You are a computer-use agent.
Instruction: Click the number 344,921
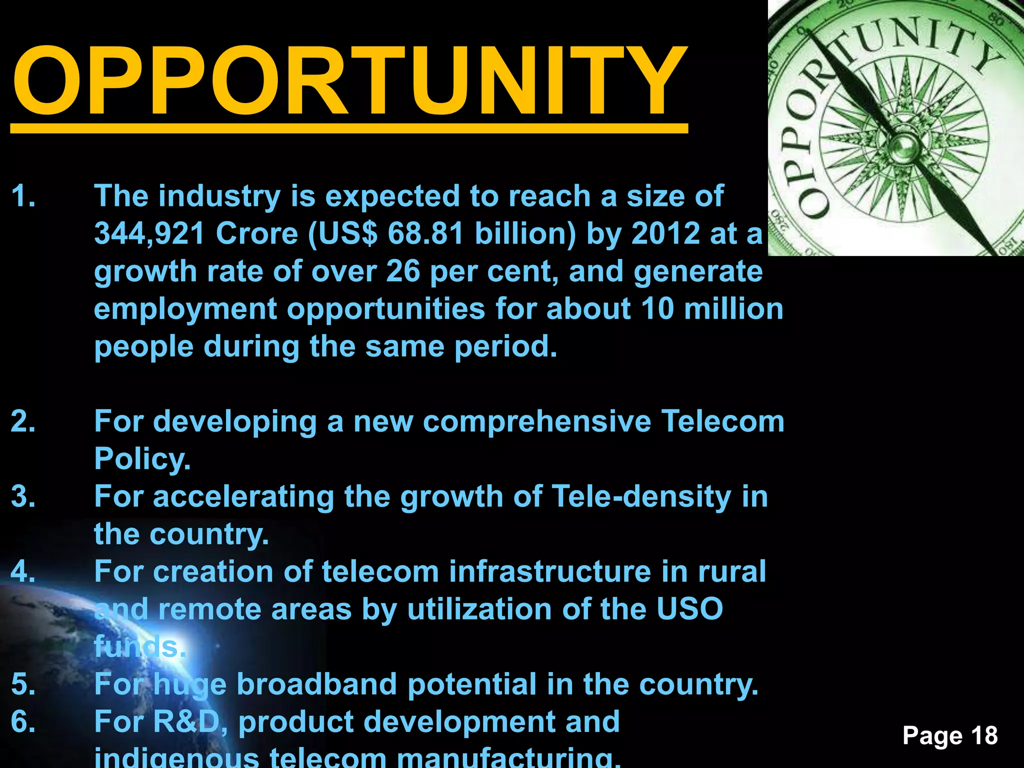[149, 233]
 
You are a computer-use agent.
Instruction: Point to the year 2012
[665, 233]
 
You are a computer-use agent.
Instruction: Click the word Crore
[257, 233]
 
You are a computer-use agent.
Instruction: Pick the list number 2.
[23, 421]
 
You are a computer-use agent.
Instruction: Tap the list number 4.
[23, 571]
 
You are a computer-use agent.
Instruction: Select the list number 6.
[23, 722]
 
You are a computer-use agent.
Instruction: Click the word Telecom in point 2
[722, 421]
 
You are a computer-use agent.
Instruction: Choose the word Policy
[142, 459]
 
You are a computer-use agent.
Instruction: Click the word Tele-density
[641, 496]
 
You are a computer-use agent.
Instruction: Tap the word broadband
[316, 684]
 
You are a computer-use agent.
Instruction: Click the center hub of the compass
[904, 146]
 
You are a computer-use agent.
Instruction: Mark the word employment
[185, 309]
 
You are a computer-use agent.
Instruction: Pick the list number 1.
[23, 195]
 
